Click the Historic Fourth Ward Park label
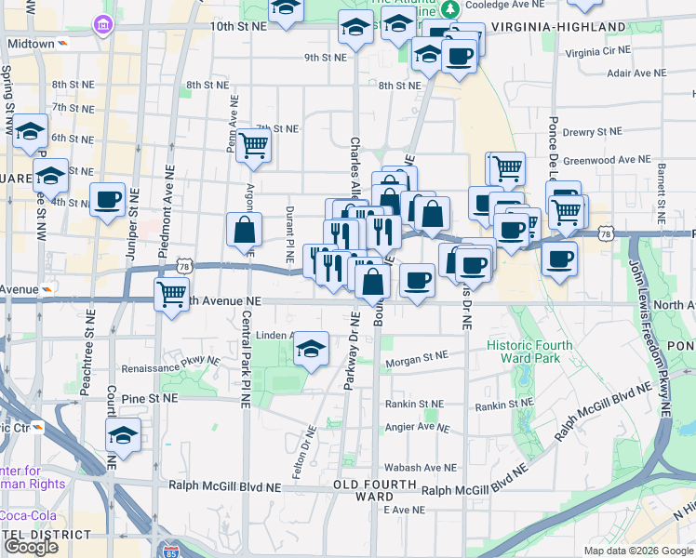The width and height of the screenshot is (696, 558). (x=529, y=352)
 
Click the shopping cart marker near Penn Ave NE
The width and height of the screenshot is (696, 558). (x=253, y=145)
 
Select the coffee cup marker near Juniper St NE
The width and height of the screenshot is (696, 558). (x=108, y=198)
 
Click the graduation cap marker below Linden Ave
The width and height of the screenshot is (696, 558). (x=311, y=349)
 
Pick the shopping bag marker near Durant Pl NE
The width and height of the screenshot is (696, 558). (x=244, y=230)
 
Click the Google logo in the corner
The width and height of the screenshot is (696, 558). (x=32, y=547)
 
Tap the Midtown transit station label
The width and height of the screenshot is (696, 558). (x=32, y=44)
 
